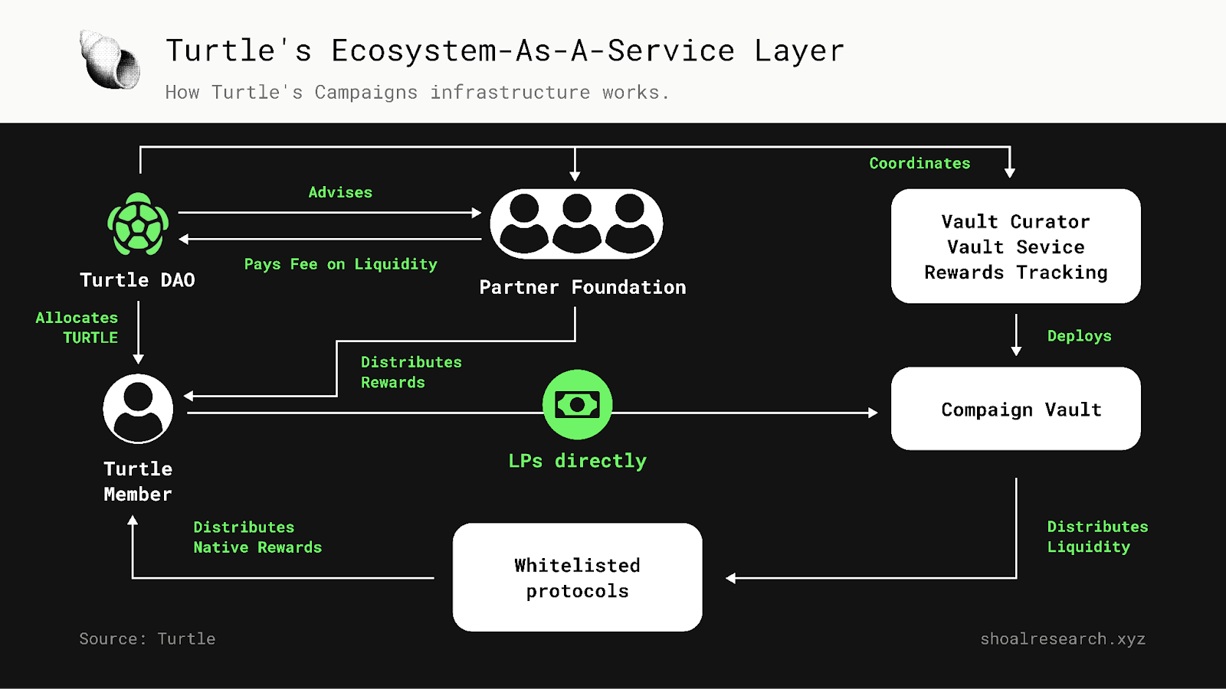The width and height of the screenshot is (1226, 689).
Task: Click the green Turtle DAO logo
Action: [x=138, y=224]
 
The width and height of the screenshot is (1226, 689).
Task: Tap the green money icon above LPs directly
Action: [x=577, y=404]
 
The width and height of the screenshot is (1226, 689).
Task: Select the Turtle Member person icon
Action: [x=138, y=409]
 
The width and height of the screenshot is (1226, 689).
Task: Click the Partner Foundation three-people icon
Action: [x=576, y=224]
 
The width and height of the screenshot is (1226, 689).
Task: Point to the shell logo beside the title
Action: [x=110, y=60]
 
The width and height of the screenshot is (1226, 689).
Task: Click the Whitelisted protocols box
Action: [x=577, y=577]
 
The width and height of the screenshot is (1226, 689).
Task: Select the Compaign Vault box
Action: [x=1015, y=409]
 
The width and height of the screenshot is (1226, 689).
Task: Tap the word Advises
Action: [x=340, y=192]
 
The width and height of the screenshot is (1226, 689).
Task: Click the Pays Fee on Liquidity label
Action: [x=340, y=264]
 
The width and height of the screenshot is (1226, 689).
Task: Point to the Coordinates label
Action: [x=919, y=163]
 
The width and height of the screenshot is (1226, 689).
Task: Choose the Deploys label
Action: [x=1079, y=336]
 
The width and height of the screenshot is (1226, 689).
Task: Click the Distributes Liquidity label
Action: [x=1097, y=537]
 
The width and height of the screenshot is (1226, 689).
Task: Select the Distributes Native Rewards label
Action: [x=257, y=537]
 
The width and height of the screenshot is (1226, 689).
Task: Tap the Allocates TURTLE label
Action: [x=77, y=328]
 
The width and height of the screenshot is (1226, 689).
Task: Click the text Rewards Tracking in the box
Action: [x=1015, y=273]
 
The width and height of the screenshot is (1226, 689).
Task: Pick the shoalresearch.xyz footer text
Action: [x=1062, y=638]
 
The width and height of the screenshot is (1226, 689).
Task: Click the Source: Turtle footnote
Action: [x=147, y=638]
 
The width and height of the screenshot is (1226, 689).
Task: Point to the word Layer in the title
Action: [x=798, y=51]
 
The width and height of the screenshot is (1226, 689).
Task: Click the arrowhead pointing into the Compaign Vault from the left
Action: [x=873, y=413]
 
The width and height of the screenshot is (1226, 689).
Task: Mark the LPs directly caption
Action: [x=577, y=461]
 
